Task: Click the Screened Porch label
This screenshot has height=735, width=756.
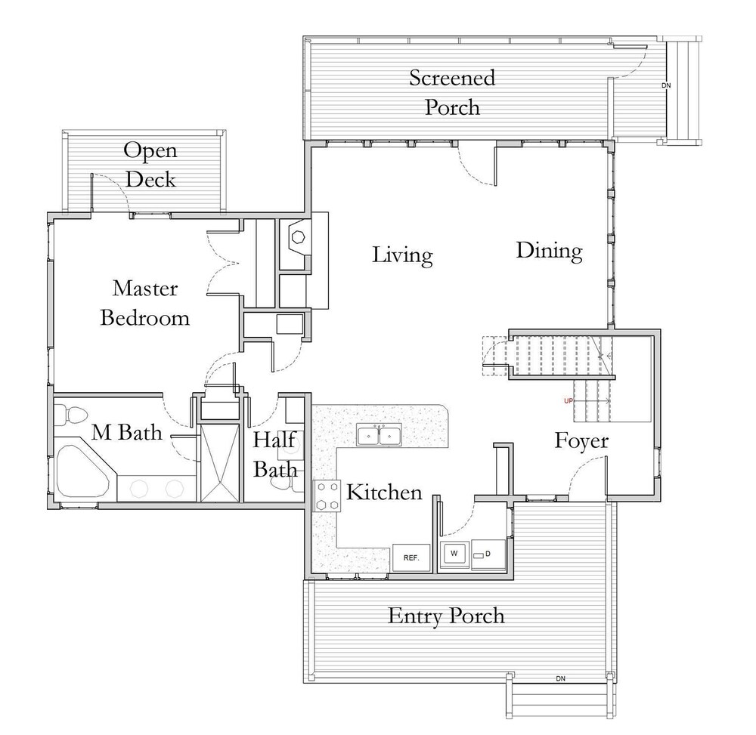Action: (x=452, y=92)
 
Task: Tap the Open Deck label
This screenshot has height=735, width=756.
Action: (x=150, y=165)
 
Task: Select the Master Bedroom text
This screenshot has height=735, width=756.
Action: (x=145, y=303)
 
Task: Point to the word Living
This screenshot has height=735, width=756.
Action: (x=402, y=255)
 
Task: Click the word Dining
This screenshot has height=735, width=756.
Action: (x=549, y=251)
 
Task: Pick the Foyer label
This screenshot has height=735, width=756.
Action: (x=581, y=440)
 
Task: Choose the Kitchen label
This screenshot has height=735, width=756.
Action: (x=384, y=493)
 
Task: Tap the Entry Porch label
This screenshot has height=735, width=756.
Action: (x=445, y=616)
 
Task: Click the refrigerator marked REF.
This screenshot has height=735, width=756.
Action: (x=411, y=557)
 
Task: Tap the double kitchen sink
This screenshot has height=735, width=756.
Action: (x=379, y=435)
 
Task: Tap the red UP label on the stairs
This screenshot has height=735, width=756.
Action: (x=569, y=400)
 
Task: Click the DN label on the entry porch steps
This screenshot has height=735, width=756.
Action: (x=560, y=678)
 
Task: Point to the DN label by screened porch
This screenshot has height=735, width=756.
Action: (x=666, y=85)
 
